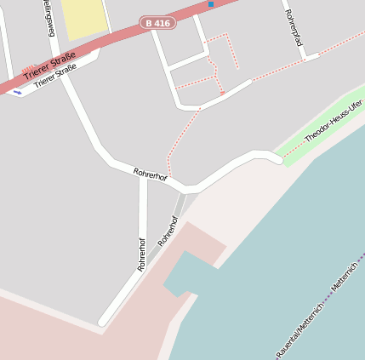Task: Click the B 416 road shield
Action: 158,24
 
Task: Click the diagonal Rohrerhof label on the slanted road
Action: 168,231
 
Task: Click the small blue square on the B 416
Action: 211,4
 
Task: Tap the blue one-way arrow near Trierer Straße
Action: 17,92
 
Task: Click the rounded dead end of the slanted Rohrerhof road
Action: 103,322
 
